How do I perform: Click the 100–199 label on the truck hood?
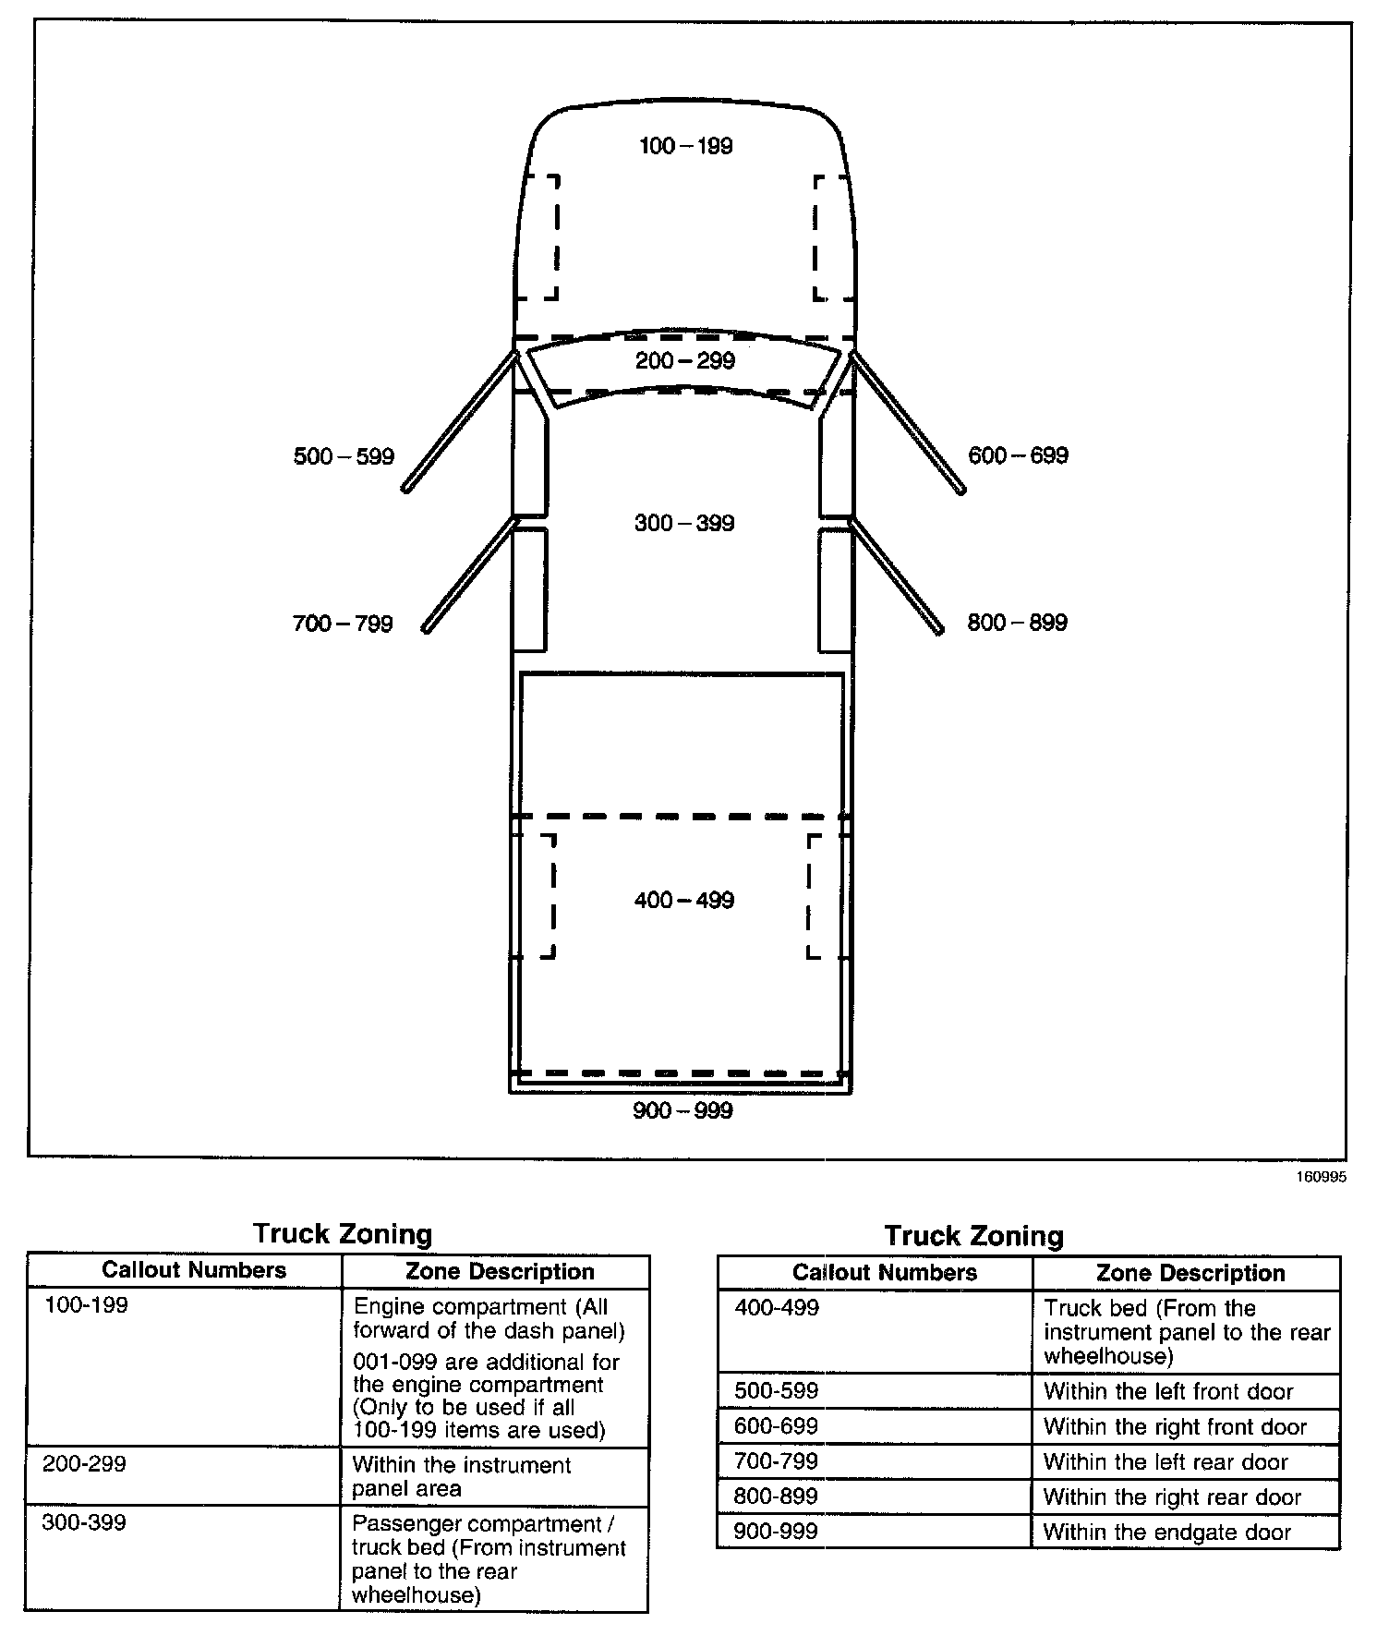(685, 146)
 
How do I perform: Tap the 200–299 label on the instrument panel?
(685, 361)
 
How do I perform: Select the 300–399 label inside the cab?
(684, 524)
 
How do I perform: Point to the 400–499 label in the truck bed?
(684, 901)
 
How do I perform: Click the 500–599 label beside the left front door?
(344, 456)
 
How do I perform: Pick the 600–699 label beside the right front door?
(1018, 455)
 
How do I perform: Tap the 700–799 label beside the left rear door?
(343, 624)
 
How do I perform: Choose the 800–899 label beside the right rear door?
(1017, 623)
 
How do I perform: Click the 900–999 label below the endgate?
(682, 1110)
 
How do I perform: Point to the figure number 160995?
(1322, 1178)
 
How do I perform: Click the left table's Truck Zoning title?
(343, 1234)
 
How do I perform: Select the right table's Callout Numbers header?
(884, 1273)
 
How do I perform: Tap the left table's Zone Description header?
(500, 1272)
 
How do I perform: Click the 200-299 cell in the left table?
(84, 1464)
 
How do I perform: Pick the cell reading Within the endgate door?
(1166, 1533)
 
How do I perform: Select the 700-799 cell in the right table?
(776, 1461)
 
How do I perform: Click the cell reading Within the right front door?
(1175, 1427)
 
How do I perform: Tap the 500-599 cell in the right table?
(776, 1391)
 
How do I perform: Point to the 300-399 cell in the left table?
(84, 1522)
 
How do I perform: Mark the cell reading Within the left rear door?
(1166, 1462)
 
